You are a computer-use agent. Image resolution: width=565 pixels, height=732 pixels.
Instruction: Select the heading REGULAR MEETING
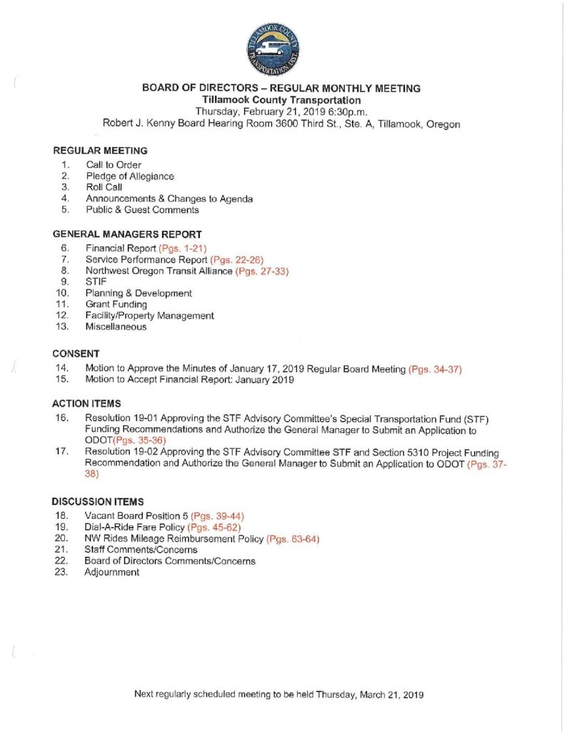[x=100, y=151]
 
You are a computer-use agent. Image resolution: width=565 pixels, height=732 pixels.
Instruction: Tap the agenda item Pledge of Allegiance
[x=129, y=176]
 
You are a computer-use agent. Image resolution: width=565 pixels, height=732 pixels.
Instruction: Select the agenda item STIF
[x=96, y=282]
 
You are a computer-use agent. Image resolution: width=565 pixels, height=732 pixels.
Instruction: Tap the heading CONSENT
[x=76, y=353]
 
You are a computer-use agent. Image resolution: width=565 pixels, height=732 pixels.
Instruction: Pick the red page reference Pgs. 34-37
[x=435, y=369]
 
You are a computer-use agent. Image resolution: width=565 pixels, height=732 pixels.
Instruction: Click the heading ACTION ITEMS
[x=86, y=403]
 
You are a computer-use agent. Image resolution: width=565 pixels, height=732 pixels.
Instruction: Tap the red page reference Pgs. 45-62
[x=214, y=527]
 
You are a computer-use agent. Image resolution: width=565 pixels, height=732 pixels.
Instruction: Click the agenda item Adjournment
[x=112, y=573]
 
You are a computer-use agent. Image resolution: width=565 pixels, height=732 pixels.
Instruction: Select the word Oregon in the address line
[x=443, y=124]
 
